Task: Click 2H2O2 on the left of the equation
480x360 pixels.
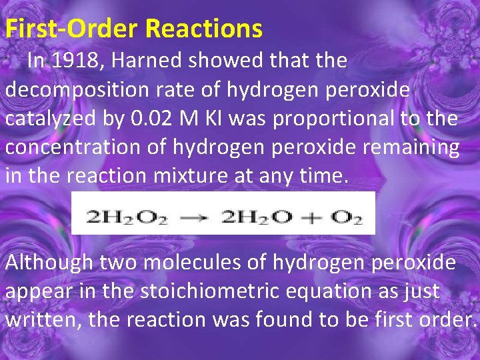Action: click(126, 218)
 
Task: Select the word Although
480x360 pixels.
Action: click(49, 262)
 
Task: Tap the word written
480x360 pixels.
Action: click(39, 319)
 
